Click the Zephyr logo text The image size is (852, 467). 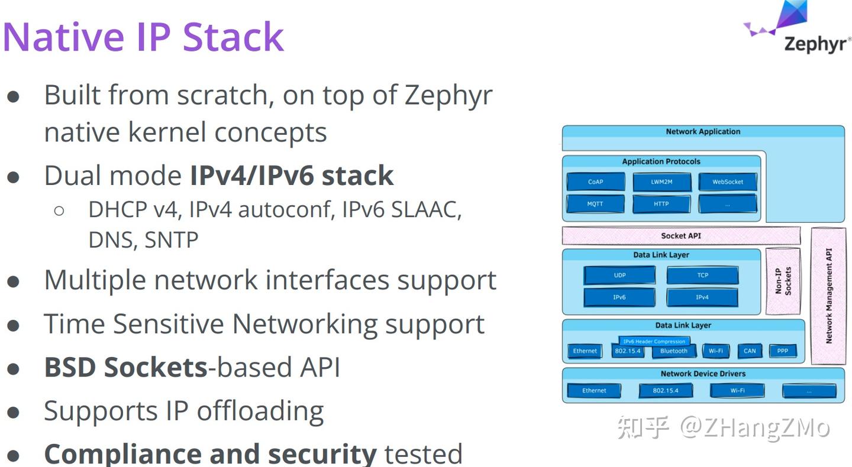click(x=816, y=45)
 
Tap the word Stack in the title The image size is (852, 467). click(x=233, y=37)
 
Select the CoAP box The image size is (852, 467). click(x=596, y=181)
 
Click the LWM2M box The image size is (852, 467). click(x=662, y=181)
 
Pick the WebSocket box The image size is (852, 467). click(x=728, y=181)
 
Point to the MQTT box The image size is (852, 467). click(x=595, y=204)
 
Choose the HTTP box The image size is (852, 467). click(x=661, y=204)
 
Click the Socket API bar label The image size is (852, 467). click(x=681, y=236)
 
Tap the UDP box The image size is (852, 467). click(x=619, y=275)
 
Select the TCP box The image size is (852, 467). click(x=702, y=275)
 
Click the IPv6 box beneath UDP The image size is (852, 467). click(x=619, y=297)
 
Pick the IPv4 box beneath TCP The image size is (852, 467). click(x=702, y=297)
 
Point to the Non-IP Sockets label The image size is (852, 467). click(x=783, y=281)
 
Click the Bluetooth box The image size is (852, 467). click(x=674, y=351)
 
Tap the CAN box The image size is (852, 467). click(x=750, y=351)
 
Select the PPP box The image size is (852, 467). click(x=782, y=351)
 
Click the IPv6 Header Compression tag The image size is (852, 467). click(x=654, y=341)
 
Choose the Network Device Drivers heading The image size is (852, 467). click(x=703, y=374)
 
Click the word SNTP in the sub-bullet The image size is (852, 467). click(x=172, y=240)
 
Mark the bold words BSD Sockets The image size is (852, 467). click(x=126, y=368)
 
